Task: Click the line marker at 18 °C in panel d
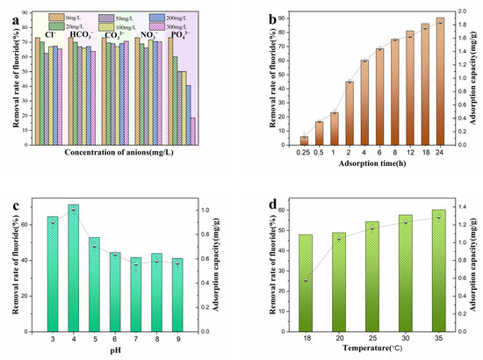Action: (306, 282)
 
